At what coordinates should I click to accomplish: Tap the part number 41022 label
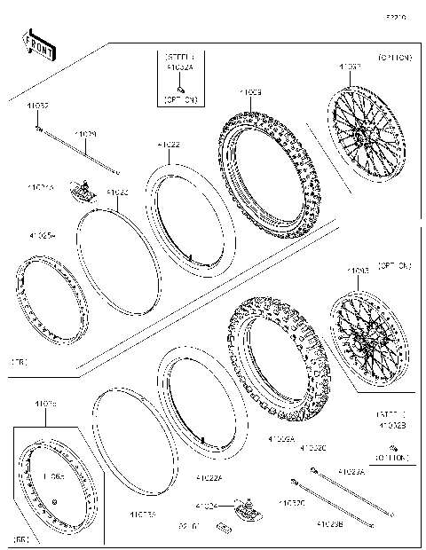click(169, 144)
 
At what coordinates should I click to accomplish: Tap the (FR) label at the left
click(20, 363)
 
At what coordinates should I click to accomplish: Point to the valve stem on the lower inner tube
click(203, 439)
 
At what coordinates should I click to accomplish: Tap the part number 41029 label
click(85, 135)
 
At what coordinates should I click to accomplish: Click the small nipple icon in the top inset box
click(179, 90)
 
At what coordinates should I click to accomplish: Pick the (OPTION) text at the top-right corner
click(394, 58)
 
